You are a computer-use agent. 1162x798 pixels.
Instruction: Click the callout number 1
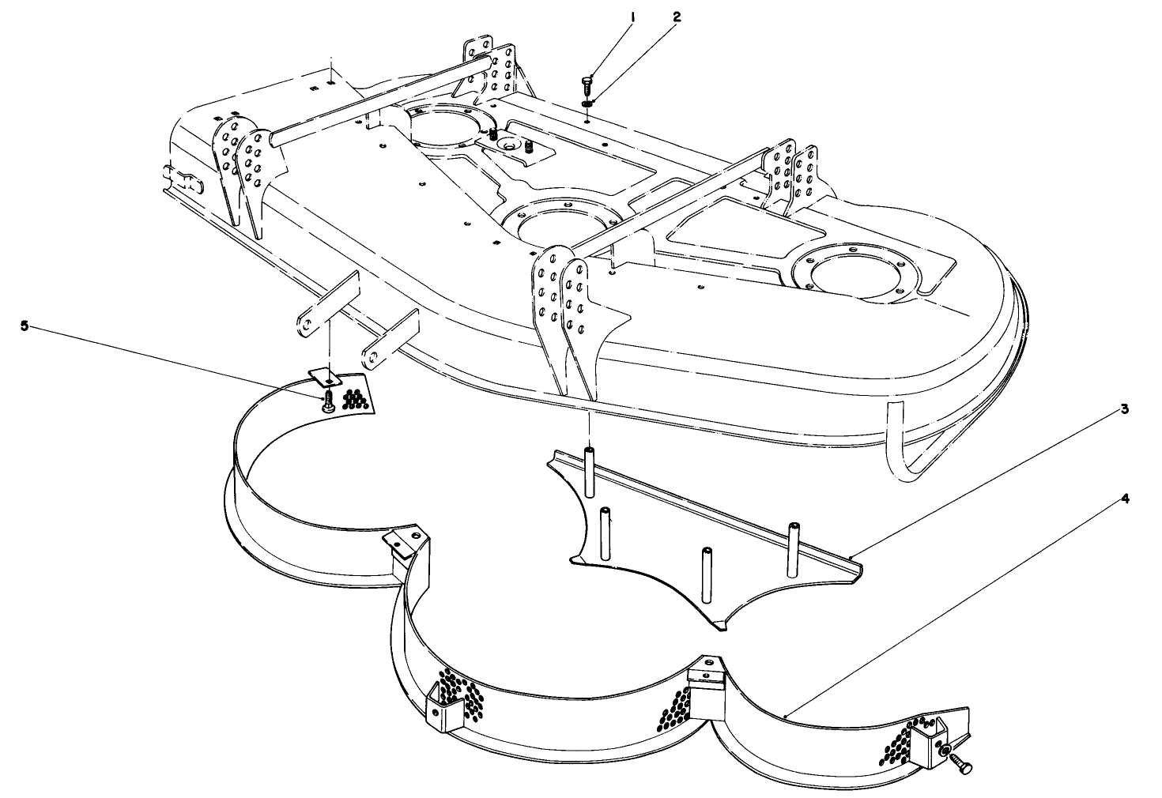[632, 17]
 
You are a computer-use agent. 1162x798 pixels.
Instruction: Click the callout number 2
[677, 17]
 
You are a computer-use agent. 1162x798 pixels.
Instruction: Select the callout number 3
[1124, 409]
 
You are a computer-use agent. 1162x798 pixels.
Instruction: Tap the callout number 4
[1124, 499]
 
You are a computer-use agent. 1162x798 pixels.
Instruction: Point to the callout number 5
[25, 326]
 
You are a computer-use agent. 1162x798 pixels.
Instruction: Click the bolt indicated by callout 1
[586, 85]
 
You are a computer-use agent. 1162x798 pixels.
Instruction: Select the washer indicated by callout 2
[587, 104]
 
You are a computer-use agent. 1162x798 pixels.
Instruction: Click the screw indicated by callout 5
[327, 402]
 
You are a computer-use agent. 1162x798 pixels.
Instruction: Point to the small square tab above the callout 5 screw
[324, 377]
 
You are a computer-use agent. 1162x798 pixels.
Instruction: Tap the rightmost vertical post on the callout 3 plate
[793, 550]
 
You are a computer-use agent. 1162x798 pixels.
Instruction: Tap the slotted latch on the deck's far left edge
[183, 181]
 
